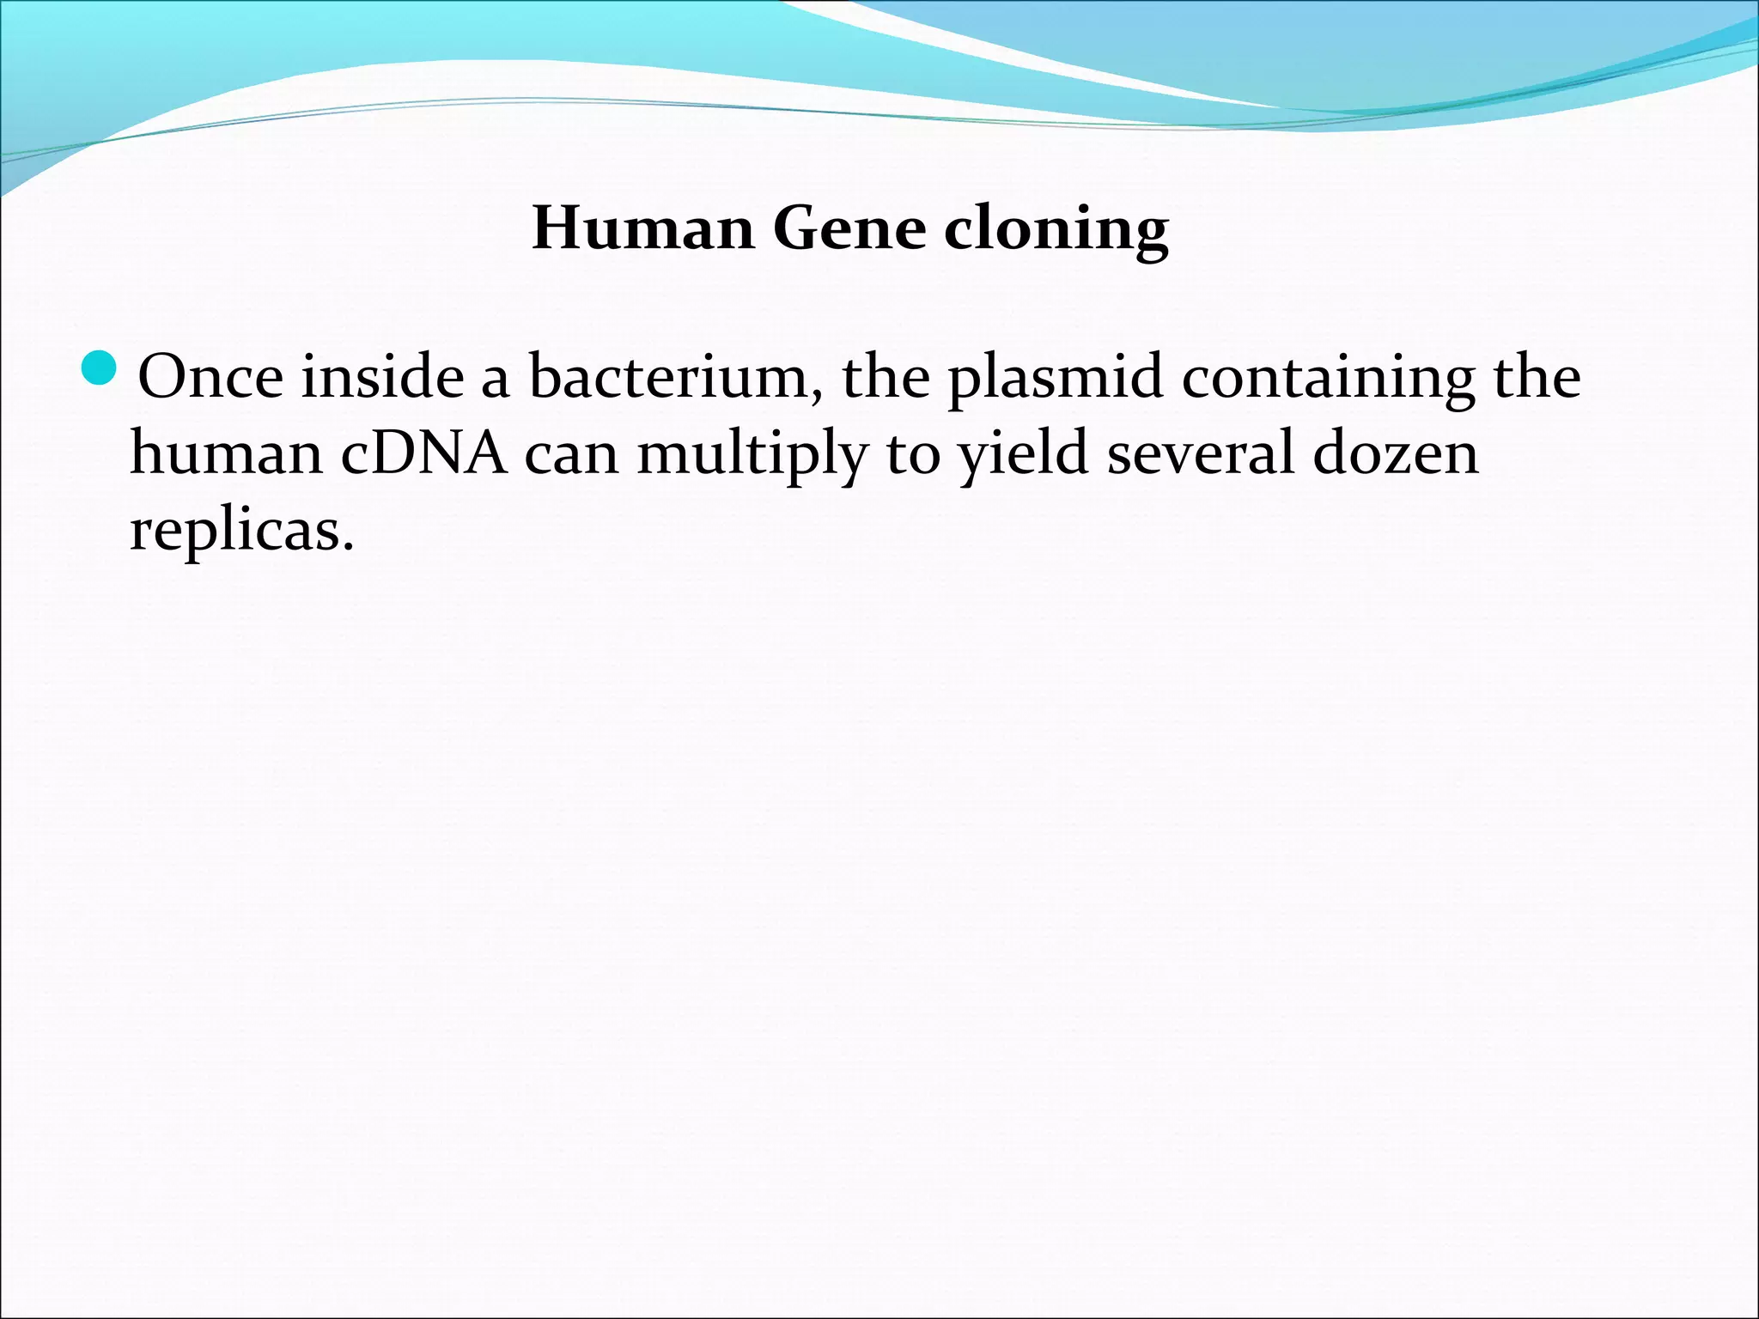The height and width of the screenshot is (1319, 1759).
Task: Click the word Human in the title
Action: tap(642, 228)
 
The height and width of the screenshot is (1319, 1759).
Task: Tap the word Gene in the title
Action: tap(849, 228)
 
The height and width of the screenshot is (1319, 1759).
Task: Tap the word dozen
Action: tap(1396, 453)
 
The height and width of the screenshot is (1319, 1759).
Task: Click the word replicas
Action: tap(234, 531)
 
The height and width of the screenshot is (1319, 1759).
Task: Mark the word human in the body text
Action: tap(226, 453)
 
